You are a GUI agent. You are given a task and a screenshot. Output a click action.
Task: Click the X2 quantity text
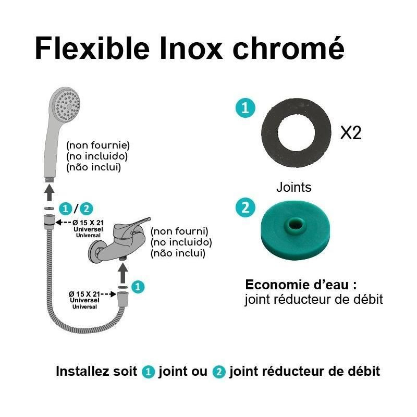(351, 133)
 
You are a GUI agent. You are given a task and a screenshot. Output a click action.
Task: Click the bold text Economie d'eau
(301, 285)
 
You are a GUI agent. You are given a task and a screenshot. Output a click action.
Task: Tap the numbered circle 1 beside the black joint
(245, 108)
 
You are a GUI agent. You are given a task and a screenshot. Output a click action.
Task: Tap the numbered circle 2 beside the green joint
(245, 208)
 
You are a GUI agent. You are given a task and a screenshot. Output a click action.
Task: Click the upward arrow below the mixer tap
(122, 273)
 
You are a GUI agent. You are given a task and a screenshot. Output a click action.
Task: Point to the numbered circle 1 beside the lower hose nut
(138, 286)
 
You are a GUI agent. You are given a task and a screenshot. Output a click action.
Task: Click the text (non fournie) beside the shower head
(97, 144)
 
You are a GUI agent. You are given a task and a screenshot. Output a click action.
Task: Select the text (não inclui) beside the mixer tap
(177, 253)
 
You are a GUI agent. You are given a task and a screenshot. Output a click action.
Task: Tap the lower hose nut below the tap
(122, 300)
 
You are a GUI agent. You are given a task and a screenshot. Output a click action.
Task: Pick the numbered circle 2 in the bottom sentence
(219, 372)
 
